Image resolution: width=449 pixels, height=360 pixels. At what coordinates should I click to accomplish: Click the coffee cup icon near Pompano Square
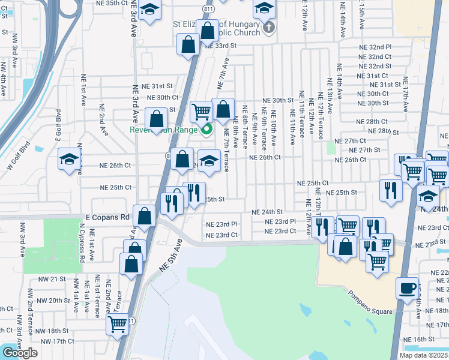[407, 287]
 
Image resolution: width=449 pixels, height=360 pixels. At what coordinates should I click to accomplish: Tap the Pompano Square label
[369, 311]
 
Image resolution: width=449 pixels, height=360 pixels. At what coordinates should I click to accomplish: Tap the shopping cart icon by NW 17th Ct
[118, 324]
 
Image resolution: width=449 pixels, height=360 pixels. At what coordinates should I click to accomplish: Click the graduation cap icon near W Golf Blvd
[70, 159]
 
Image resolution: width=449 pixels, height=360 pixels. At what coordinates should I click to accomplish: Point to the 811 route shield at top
[208, 10]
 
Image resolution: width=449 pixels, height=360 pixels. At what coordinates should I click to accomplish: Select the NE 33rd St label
[221, 46]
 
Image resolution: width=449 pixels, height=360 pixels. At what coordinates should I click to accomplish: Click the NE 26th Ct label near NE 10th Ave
[265, 158]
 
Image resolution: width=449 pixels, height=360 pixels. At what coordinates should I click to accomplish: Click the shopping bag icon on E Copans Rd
[145, 215]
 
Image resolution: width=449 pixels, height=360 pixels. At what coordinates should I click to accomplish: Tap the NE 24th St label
[267, 212]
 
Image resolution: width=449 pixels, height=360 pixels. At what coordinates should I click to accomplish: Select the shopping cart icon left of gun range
[201, 110]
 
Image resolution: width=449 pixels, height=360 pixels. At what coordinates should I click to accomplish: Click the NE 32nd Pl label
[375, 47]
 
